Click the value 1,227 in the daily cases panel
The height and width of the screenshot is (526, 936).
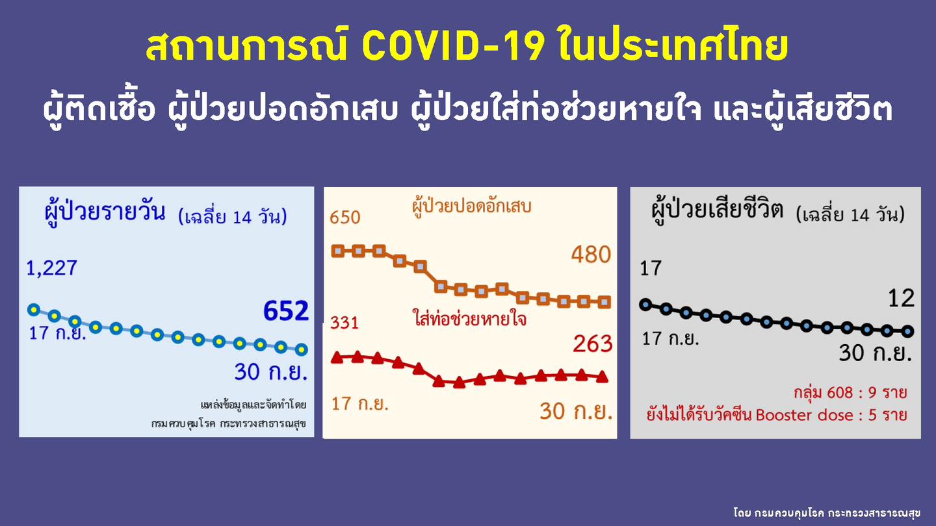tap(51, 268)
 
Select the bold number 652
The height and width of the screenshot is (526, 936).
tap(285, 311)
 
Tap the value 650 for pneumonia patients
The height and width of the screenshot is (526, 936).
tap(344, 217)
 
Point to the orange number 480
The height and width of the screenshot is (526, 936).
tap(591, 255)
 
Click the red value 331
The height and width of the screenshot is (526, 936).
tap(344, 323)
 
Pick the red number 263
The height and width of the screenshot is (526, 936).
tap(592, 343)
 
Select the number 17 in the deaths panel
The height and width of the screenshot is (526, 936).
tap(651, 268)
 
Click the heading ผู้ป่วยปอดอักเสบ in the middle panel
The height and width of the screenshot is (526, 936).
tap(472, 207)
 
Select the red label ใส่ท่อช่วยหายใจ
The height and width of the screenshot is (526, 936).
tap(469, 319)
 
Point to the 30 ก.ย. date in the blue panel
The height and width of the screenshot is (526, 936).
tap(270, 373)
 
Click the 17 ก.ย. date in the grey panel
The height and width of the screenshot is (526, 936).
tap(671, 339)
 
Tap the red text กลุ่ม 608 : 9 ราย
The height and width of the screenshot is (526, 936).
tap(850, 393)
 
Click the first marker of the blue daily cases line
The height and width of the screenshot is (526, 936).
tap(34, 309)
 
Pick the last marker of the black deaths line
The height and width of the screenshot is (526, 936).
tap(908, 331)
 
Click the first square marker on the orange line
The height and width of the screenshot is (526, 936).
tap(337, 251)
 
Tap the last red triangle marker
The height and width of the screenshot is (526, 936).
tap(602, 376)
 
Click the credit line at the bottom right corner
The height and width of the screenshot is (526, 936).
tap(826, 513)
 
